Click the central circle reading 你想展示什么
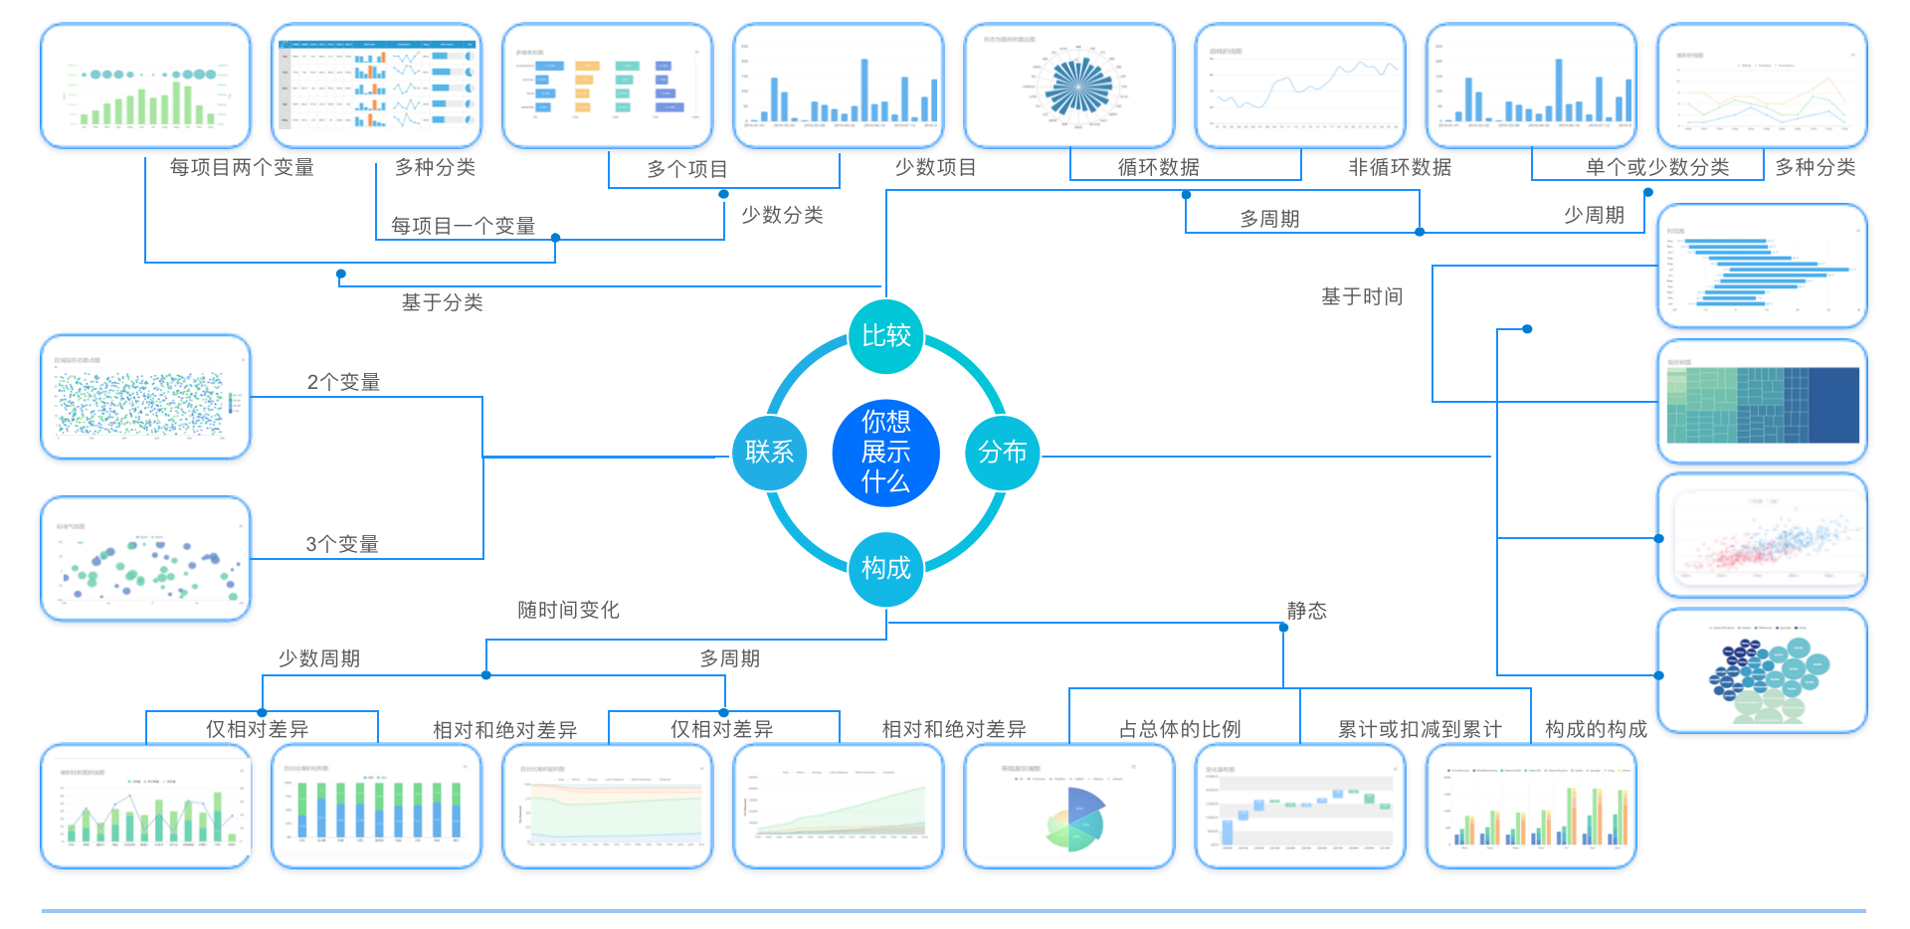(885, 452)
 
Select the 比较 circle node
(885, 336)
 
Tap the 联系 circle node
(769, 453)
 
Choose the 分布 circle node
(1002, 453)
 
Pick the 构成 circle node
(885, 568)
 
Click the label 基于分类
(442, 302)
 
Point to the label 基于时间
(1361, 296)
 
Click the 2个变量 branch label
(343, 382)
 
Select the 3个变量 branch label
(342, 544)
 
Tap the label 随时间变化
(568, 610)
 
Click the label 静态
(1306, 611)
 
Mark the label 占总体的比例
(1180, 729)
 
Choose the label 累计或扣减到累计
(1420, 729)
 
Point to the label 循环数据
(1158, 167)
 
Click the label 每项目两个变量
(242, 167)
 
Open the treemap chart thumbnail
(1762, 402)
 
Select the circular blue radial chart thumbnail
(1069, 87)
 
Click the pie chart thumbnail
(1069, 807)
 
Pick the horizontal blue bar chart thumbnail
(1762, 267)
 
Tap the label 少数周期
(318, 658)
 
